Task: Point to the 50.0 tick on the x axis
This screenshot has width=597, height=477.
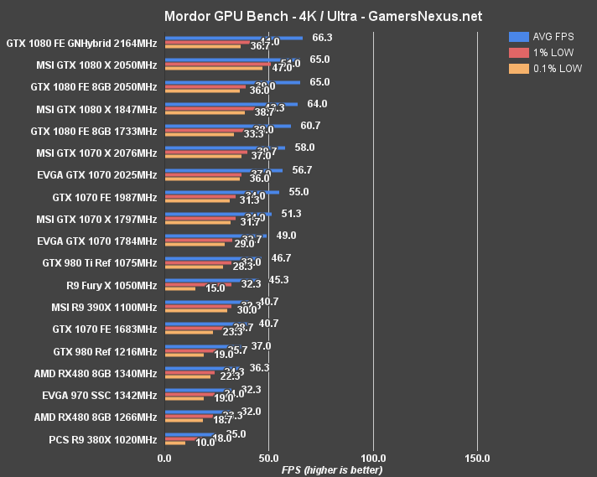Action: point(268,459)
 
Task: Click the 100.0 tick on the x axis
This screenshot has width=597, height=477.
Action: point(373,459)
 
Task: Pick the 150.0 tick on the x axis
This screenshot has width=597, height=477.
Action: point(477,459)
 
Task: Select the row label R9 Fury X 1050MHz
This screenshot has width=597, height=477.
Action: point(105,285)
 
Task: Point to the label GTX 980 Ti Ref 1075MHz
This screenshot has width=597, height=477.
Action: point(100,263)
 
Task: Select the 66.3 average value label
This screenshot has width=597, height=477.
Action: point(322,38)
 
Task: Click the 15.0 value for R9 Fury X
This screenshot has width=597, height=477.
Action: point(215,288)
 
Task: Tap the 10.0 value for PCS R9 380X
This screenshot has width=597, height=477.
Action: point(205,443)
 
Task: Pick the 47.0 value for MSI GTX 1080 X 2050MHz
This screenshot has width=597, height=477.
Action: point(282,68)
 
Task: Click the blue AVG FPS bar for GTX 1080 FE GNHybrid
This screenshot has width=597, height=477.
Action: point(234,38)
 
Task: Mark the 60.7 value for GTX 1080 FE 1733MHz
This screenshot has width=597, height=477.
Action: point(310,126)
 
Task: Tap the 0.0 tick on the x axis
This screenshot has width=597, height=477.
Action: point(164,459)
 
